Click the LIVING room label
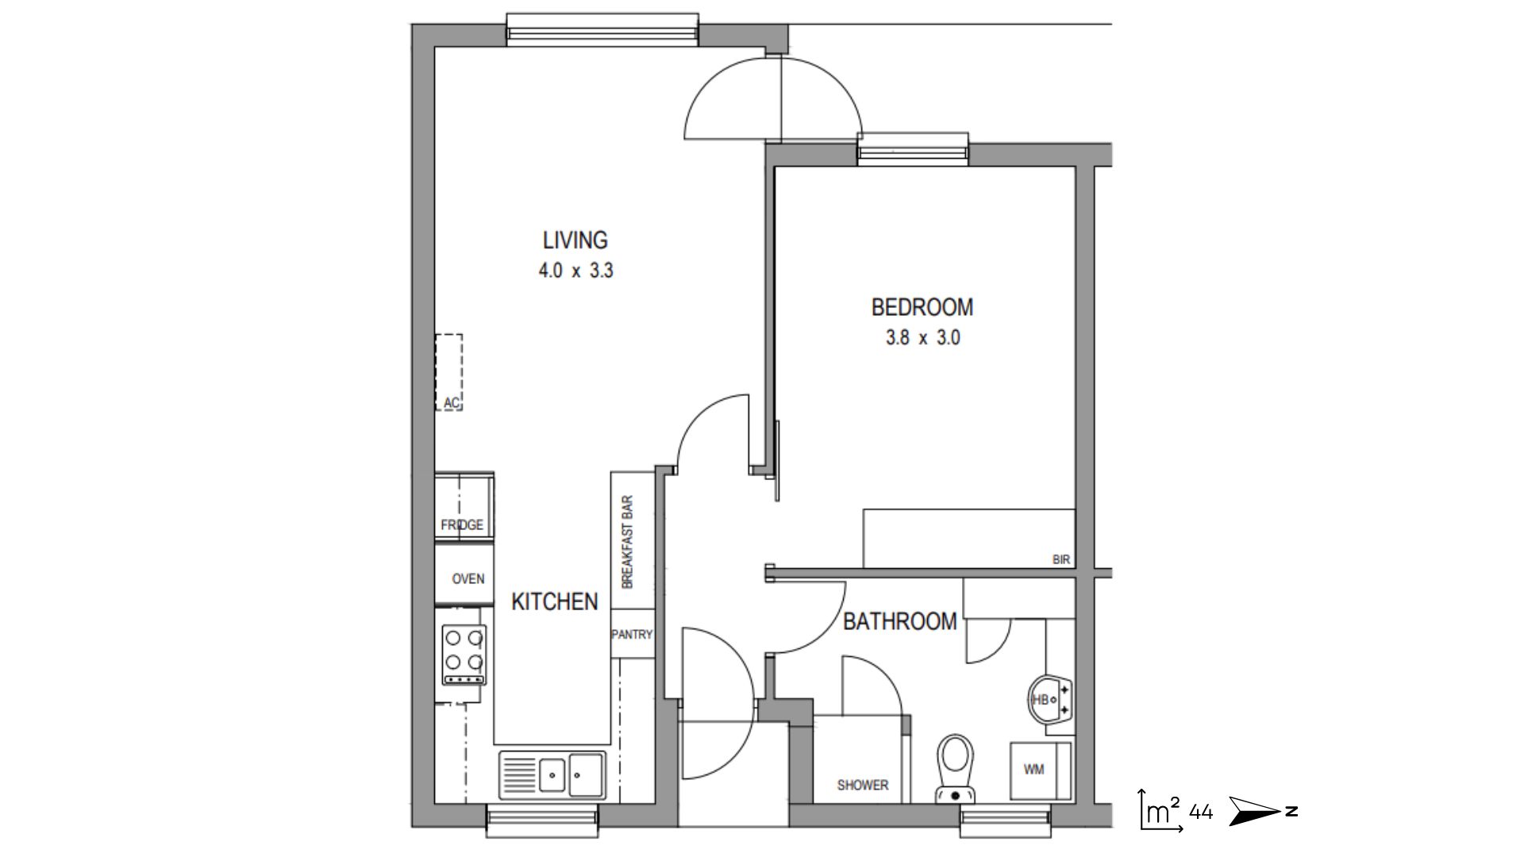[x=575, y=240]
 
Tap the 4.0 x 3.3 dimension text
[x=575, y=271]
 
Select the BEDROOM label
[x=922, y=307]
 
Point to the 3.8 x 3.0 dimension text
[x=922, y=338]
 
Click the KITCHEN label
[x=554, y=601]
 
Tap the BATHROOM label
[x=899, y=621]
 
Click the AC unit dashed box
[x=449, y=372]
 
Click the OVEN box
[x=467, y=578]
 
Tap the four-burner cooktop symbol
[x=464, y=654]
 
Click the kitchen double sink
[x=552, y=774]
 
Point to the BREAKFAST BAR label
[x=628, y=542]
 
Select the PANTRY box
[x=632, y=634]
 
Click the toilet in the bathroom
[x=956, y=767]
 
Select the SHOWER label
[x=862, y=785]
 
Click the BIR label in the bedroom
[x=1061, y=559]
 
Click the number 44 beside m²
[x=1201, y=812]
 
